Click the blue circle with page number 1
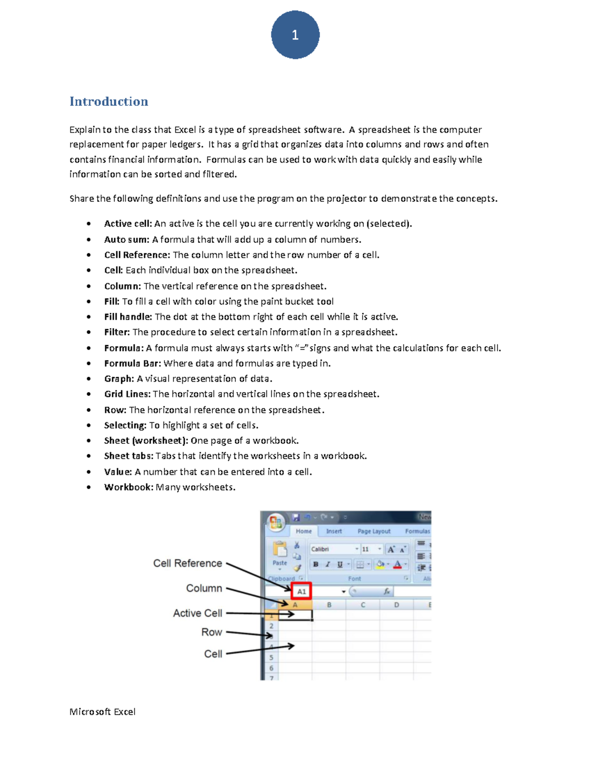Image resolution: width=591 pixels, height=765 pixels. point(295,35)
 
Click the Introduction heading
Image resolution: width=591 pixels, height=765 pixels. point(109,101)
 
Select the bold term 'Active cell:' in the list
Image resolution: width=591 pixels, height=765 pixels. point(128,224)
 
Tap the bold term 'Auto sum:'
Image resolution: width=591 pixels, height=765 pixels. point(127,239)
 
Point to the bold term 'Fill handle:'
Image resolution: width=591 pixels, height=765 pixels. point(128,317)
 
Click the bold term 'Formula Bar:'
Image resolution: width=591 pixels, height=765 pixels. point(132,364)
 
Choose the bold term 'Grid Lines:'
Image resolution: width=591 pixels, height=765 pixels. point(127,394)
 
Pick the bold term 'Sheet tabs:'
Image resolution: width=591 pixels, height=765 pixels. point(129,456)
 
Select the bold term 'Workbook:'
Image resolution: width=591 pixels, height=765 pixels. point(129,487)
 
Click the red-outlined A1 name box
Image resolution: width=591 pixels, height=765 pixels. point(301,591)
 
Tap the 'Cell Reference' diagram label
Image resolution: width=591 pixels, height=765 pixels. point(188,564)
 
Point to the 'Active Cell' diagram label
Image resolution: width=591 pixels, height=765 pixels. point(197,613)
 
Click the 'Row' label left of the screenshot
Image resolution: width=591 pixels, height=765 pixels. point(212,632)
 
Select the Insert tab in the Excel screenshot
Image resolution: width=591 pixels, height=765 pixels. point(334,532)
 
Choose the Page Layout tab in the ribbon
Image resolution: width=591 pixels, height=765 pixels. point(374,532)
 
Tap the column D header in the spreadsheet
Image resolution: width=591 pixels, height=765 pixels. point(396,605)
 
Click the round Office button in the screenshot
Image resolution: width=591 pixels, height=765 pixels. point(276,522)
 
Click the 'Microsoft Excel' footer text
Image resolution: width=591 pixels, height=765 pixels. point(102,712)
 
